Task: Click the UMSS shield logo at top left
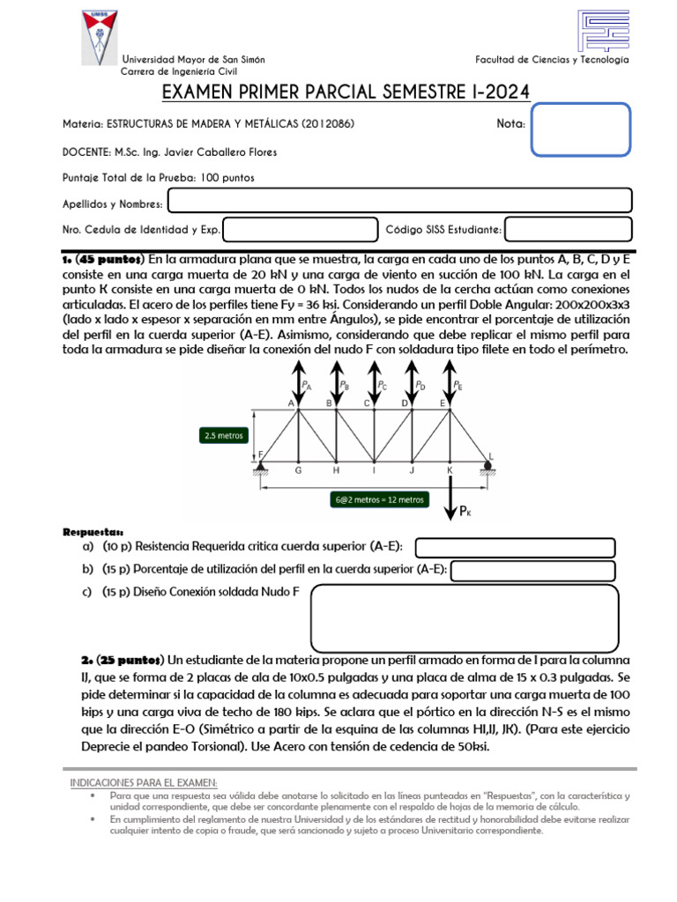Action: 100,37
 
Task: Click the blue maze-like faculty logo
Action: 603,31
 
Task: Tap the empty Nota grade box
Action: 580,129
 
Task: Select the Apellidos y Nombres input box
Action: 400,200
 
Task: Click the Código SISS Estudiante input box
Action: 569,229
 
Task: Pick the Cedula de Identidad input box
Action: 301,229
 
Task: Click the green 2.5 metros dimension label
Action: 224,435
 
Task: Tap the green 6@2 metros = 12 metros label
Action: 379,499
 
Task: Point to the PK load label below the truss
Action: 465,511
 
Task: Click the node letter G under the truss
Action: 298,470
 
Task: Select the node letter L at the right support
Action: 491,456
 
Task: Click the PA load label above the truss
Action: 306,385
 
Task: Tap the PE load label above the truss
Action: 458,385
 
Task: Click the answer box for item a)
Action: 515,548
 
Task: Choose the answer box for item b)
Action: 533,571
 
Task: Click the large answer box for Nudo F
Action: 465,618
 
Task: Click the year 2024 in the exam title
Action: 507,92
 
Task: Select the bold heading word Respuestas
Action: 93,532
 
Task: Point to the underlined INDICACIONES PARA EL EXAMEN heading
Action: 144,783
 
